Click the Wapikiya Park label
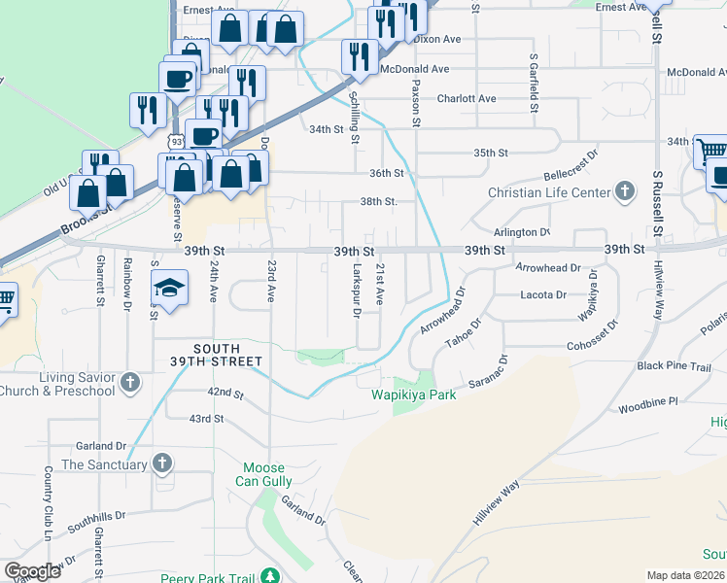coord(414,395)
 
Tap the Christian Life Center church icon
coord(626,191)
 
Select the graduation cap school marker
coord(168,289)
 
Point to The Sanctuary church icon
coord(162,463)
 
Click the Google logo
coord(32,571)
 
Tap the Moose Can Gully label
coord(263,474)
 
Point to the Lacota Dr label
coord(544,294)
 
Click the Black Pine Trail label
coord(675,365)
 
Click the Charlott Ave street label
coord(467,98)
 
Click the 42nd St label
coord(225,393)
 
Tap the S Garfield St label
coord(534,83)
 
